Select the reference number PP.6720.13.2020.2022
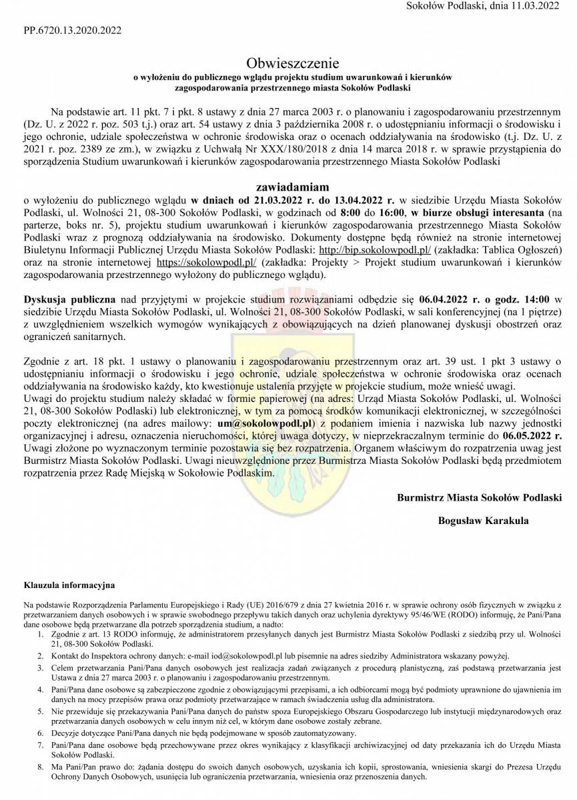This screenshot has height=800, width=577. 73,31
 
